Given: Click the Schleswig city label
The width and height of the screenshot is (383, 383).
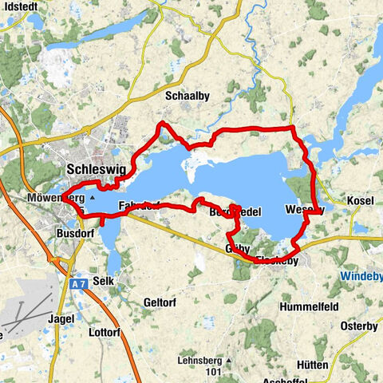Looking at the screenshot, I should [96, 169].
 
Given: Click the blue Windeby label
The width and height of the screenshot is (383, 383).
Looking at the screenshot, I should [361, 275].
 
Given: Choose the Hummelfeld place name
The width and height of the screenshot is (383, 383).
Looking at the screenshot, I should [310, 306].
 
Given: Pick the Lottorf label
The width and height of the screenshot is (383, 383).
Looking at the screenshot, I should [104, 331].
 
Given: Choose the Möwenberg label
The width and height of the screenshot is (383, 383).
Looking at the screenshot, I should [54, 197].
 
